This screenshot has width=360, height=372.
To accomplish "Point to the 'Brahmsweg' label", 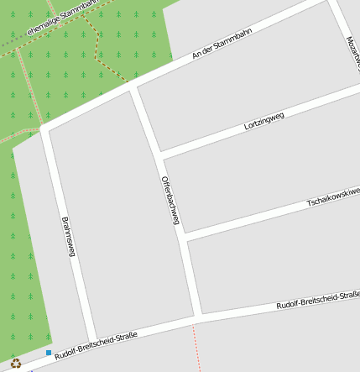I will click(x=70, y=237).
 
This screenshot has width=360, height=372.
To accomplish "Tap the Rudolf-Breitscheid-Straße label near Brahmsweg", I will click(x=94, y=345).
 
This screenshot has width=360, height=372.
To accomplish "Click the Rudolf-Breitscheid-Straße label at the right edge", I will click(x=318, y=300).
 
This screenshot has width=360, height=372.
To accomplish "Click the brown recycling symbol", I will click(x=16, y=364).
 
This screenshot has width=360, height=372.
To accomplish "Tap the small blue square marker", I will click(x=49, y=353).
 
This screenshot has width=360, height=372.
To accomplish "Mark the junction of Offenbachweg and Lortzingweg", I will click(x=159, y=155).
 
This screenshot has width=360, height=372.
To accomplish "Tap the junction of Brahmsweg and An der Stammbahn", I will click(x=45, y=128).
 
